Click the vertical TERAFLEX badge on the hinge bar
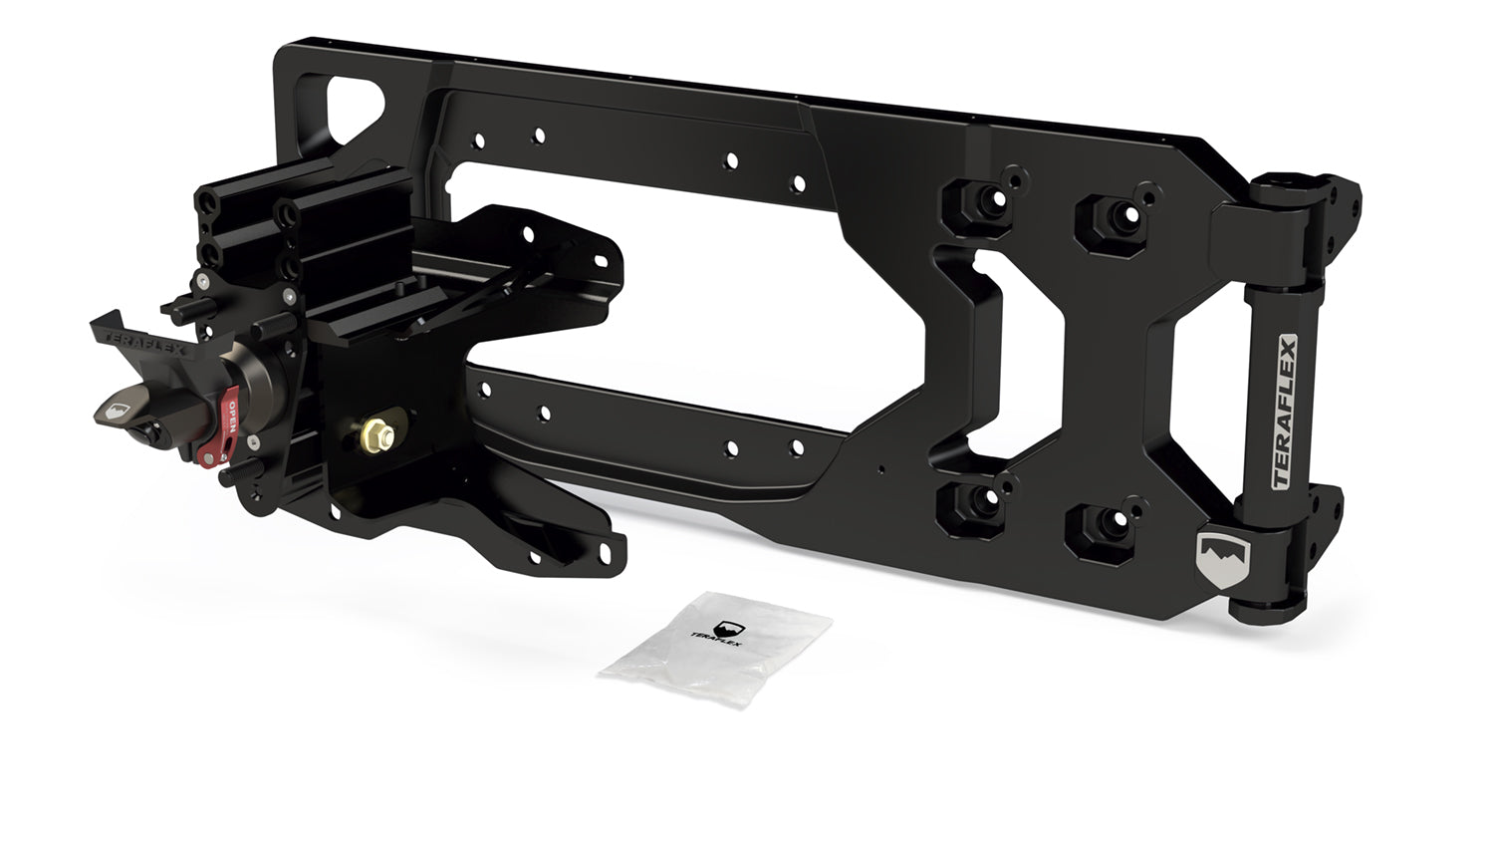(x=1284, y=412)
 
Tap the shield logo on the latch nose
(x=117, y=410)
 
